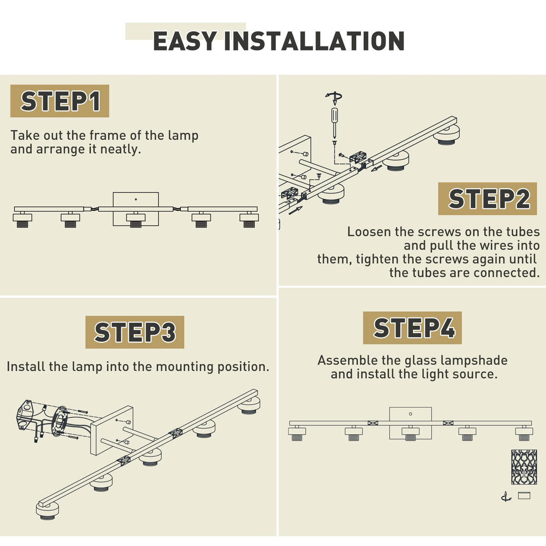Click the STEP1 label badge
[60, 101]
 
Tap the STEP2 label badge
[487, 199]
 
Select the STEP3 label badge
[135, 332]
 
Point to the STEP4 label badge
[413, 328]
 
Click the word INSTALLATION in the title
[314, 41]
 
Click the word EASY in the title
[185, 41]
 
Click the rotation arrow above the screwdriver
[334, 97]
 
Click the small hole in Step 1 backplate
[136, 199]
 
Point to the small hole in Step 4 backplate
[410, 414]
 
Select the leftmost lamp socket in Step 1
[22, 220]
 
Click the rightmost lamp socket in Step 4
[524, 433]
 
